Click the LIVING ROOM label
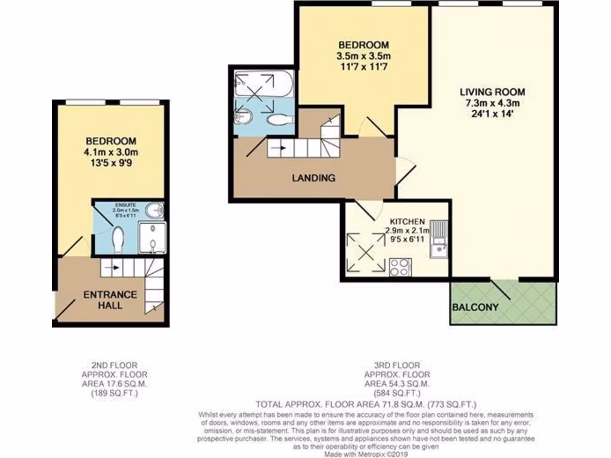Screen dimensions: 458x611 (492, 92)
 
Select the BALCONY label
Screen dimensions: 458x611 (476, 308)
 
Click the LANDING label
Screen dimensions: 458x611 (313, 178)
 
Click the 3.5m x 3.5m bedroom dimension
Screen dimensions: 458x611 (363, 56)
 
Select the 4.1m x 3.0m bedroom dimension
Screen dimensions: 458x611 (111, 152)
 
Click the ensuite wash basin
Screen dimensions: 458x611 (156, 210)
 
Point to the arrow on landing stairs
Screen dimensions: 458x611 (278, 147)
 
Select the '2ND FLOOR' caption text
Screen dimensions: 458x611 (112, 365)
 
